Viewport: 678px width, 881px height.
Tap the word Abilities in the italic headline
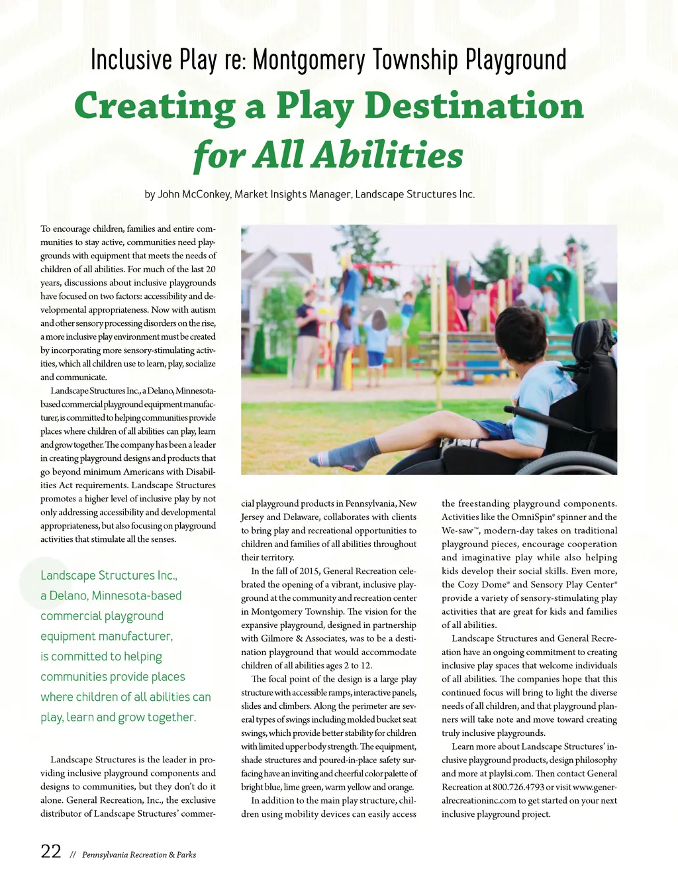387,156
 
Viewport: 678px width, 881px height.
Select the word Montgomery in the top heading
309,60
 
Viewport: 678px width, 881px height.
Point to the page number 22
51,852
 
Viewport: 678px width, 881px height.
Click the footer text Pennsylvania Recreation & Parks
139,855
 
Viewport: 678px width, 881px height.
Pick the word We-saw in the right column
457,531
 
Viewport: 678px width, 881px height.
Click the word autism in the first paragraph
203,309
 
